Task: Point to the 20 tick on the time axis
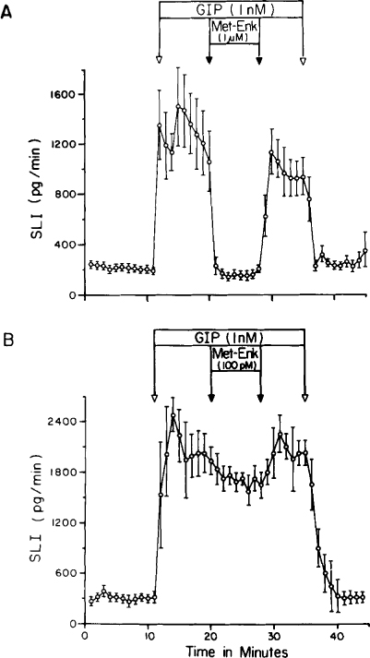click(x=210, y=636)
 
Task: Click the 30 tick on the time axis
click(x=274, y=636)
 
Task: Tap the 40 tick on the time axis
click(x=337, y=636)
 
